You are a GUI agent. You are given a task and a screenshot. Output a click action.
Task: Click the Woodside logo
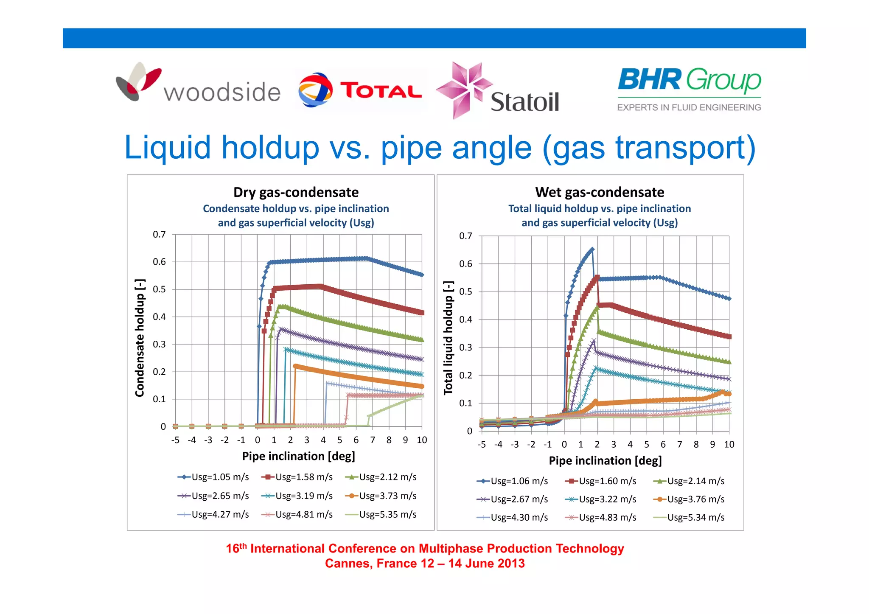click(x=198, y=85)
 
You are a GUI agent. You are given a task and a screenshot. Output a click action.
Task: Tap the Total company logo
click(x=360, y=90)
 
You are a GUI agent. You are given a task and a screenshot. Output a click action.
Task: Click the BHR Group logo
click(x=689, y=88)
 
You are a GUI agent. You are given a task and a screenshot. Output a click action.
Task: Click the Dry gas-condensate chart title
click(x=296, y=192)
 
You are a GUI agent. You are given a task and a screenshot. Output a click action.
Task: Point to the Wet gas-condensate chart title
click(x=599, y=192)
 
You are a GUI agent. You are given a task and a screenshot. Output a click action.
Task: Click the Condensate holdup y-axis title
click(x=140, y=338)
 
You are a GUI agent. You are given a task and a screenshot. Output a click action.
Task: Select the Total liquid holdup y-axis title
click(x=448, y=338)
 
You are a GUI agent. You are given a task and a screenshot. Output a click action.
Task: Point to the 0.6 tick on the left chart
click(x=160, y=262)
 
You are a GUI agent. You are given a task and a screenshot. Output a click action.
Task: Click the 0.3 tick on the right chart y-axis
click(x=465, y=348)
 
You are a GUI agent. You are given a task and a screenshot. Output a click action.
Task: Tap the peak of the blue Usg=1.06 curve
click(x=592, y=250)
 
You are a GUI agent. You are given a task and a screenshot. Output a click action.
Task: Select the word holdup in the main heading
click(x=270, y=148)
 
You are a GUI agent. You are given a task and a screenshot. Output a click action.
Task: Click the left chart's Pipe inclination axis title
click(x=298, y=456)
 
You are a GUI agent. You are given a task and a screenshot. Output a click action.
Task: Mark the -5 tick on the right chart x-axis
click(x=482, y=444)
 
